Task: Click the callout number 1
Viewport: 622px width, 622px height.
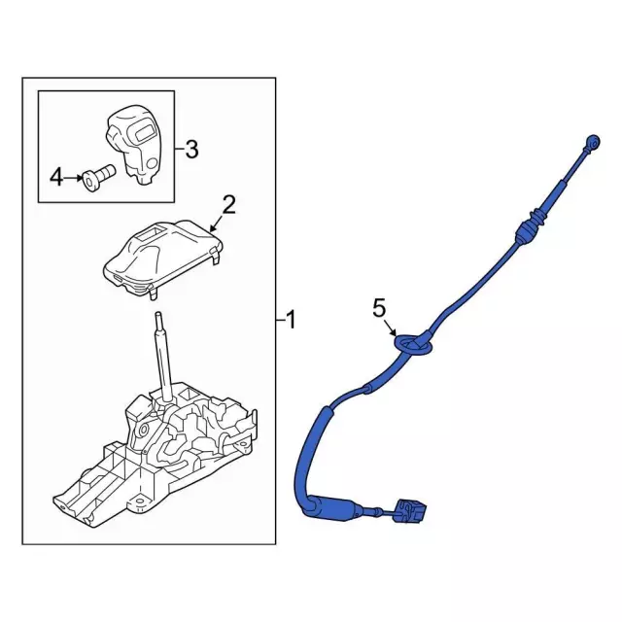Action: [292, 320]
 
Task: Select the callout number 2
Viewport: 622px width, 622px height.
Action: [229, 205]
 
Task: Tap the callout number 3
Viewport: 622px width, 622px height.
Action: [191, 150]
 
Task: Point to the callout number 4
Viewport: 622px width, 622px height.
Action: [56, 177]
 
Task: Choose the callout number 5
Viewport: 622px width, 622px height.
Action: [379, 308]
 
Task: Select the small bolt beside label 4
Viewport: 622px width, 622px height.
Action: [98, 178]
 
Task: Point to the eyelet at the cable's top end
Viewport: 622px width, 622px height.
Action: [594, 142]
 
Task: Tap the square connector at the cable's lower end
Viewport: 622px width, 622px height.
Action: [412, 511]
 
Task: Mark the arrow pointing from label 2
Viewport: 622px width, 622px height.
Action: [217, 225]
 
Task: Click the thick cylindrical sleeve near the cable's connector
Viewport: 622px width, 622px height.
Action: [331, 507]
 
